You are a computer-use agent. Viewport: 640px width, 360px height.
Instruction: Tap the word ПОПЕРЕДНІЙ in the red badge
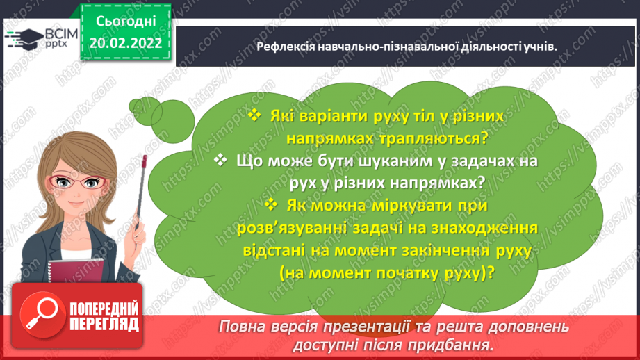(104, 309)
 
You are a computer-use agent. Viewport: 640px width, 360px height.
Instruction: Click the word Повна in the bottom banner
(243, 327)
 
